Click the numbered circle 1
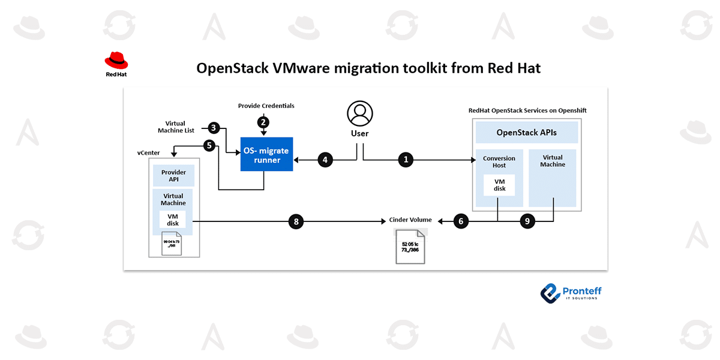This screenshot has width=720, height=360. coord(406,160)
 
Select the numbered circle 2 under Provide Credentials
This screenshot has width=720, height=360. coord(263,122)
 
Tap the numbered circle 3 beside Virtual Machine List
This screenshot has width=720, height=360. coord(213,127)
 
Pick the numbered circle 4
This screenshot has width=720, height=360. coord(325,160)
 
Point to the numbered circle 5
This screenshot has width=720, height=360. coord(209,145)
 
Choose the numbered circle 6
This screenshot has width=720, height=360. coord(461,221)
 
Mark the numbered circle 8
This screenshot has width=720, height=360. coord(296,221)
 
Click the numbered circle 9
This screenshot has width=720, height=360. coord(527,221)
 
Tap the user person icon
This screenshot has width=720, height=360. coord(359,113)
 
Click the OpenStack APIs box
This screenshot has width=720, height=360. coord(526,132)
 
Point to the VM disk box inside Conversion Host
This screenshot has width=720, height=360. coord(499,185)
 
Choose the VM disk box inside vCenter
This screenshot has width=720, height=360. coord(173,220)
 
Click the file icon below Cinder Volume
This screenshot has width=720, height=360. coord(410,246)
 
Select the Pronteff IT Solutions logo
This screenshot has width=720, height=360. coord(570,292)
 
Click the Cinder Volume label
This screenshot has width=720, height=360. coord(410,220)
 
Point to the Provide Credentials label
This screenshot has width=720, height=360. coord(266,106)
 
